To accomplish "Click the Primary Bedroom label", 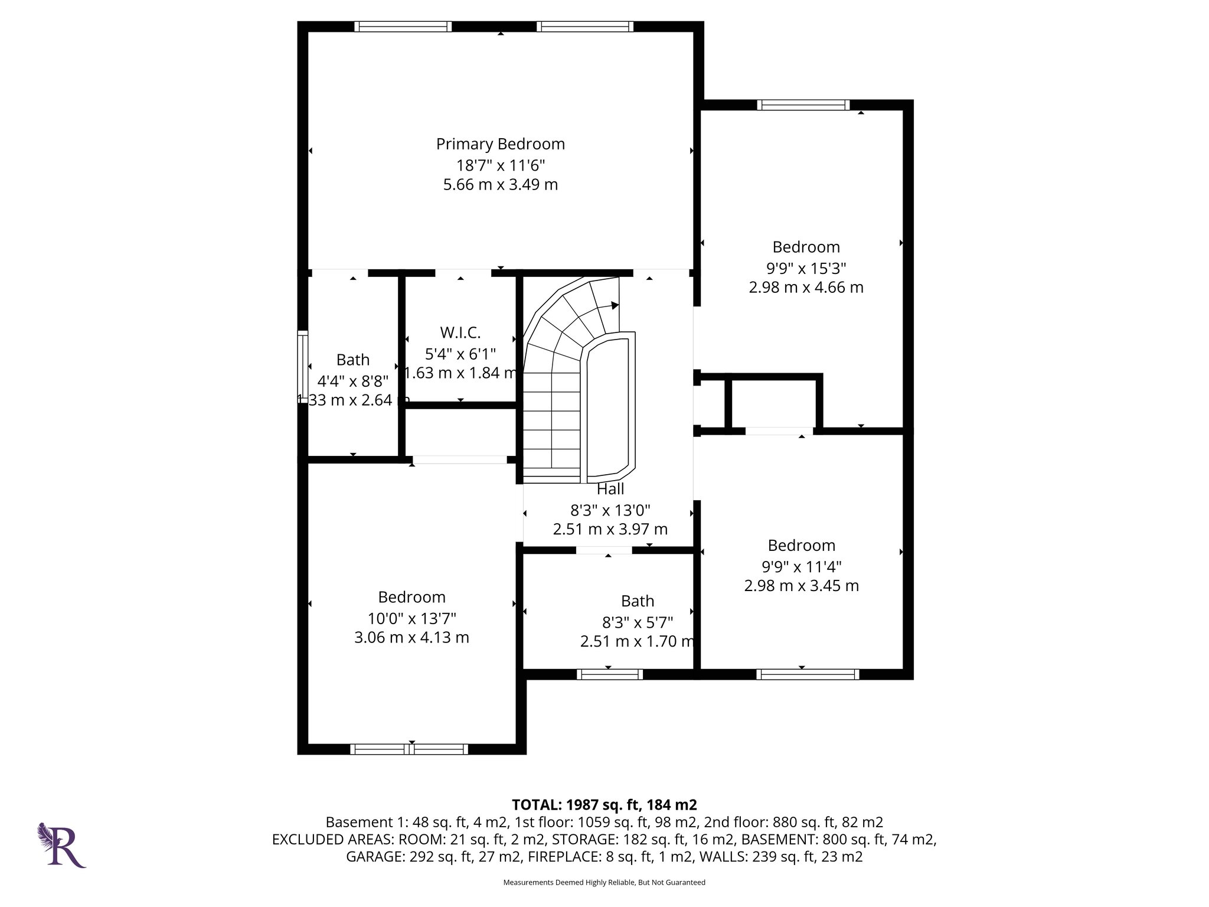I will click(500, 144).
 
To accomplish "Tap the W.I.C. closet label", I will click(460, 332).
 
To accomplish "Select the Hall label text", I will click(610, 489).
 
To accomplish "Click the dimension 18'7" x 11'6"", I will click(500, 165).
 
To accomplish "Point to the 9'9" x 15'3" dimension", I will click(806, 268).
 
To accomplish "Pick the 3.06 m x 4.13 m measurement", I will click(411, 638).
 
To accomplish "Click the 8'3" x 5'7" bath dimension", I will click(638, 622).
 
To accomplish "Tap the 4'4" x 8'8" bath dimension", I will click(352, 380).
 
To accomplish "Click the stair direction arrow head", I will click(615, 305).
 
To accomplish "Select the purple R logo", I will click(62, 845).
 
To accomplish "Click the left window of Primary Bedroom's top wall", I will click(403, 27).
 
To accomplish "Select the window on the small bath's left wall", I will click(302, 367).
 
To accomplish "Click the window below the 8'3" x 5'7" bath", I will click(609, 674).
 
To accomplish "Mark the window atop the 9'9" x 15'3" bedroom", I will click(803, 105).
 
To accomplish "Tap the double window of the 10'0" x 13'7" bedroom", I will click(409, 749).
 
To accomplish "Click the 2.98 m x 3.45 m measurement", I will click(801, 586).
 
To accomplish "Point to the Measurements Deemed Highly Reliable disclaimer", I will click(604, 883).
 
